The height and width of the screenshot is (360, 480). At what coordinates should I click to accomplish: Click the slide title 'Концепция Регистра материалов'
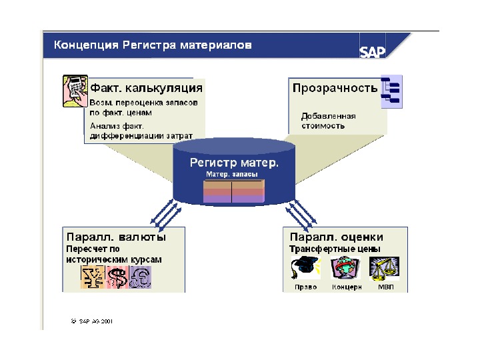click(x=153, y=45)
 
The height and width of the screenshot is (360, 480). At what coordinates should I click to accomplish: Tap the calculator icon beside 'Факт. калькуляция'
click(x=75, y=90)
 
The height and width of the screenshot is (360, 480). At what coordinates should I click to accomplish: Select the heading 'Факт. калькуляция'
click(x=147, y=88)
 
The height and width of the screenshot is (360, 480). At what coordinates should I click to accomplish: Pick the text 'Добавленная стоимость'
click(x=328, y=121)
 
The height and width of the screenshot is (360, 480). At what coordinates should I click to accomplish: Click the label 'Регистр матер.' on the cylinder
click(x=234, y=162)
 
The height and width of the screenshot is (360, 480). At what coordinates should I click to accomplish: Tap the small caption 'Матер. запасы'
click(x=234, y=174)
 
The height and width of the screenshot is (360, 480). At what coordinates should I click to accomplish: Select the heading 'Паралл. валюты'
click(x=115, y=237)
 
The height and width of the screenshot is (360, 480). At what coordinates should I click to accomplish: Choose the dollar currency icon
click(x=117, y=277)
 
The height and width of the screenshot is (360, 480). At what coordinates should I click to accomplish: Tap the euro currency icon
click(x=140, y=277)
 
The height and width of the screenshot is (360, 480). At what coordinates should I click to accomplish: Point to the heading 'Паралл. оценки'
click(x=336, y=237)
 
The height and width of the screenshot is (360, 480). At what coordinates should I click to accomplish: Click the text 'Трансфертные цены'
click(x=335, y=249)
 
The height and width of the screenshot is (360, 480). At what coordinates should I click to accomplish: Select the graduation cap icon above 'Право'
click(x=303, y=268)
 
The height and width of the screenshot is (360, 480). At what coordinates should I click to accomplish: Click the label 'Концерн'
click(x=347, y=287)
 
